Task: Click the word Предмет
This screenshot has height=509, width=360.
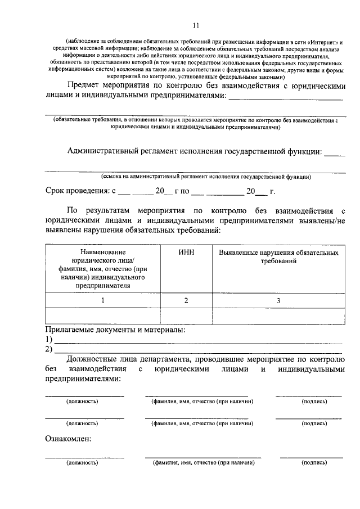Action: tap(88, 85)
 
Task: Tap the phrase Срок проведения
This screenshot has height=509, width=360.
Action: tap(74, 191)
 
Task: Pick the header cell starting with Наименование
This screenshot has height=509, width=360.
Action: tap(102, 269)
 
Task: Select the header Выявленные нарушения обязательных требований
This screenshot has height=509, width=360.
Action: tap(278, 257)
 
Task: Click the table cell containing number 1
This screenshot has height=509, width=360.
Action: tap(102, 300)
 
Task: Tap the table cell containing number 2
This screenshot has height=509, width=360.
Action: tap(186, 300)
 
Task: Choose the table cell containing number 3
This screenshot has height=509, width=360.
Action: tap(278, 300)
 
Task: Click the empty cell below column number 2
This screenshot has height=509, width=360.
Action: tap(186, 317)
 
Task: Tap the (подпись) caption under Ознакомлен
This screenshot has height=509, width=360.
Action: tap(314, 462)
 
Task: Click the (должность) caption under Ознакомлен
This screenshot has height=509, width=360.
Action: tap(82, 462)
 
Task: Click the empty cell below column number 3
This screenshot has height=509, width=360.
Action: tap(278, 317)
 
